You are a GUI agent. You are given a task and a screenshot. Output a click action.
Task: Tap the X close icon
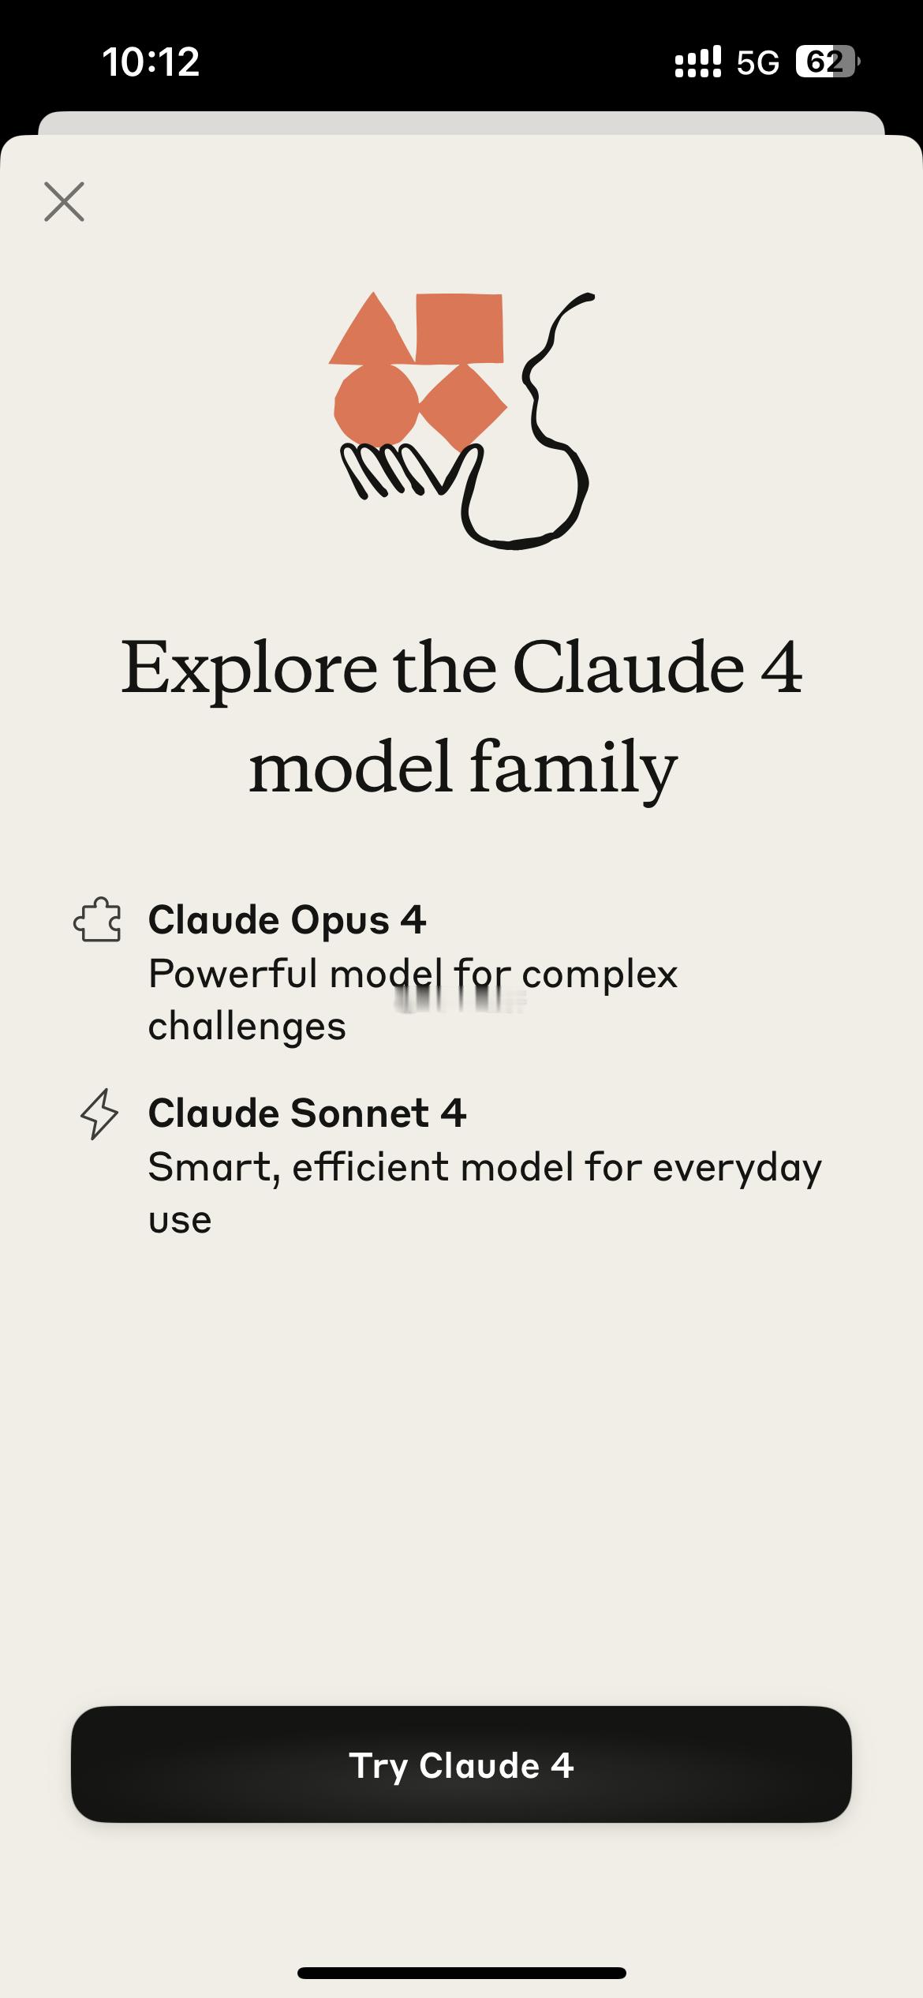(x=64, y=202)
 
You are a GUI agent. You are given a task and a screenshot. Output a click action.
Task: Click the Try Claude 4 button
(x=461, y=1765)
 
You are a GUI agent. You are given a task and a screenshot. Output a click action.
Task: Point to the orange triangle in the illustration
(x=372, y=330)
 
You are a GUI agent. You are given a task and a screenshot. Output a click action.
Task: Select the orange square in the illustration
(x=459, y=329)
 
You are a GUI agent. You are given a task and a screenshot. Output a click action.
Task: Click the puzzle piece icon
(x=98, y=920)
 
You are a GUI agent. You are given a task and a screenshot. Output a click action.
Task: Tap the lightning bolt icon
(x=99, y=1113)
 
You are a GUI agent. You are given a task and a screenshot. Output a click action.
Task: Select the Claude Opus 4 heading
(x=287, y=920)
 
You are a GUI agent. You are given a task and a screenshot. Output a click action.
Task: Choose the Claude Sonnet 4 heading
(x=308, y=1113)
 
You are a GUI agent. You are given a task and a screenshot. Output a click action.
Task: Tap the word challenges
(x=247, y=1027)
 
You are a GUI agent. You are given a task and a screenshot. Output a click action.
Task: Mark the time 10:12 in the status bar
(x=151, y=62)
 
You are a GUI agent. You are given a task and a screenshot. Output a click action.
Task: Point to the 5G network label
(x=758, y=62)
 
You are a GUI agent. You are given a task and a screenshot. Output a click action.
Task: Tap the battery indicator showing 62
(x=828, y=62)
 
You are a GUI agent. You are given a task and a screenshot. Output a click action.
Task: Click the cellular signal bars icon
(x=698, y=62)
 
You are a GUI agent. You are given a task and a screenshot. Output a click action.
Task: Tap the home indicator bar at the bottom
(x=461, y=1973)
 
